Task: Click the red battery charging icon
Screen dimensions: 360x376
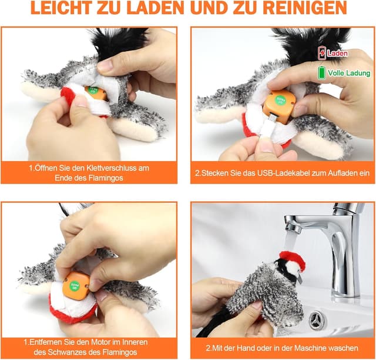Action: click(321, 53)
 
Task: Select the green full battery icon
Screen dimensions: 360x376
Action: click(321, 73)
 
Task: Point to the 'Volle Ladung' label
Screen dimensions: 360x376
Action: click(349, 74)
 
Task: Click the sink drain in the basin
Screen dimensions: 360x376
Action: click(318, 321)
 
